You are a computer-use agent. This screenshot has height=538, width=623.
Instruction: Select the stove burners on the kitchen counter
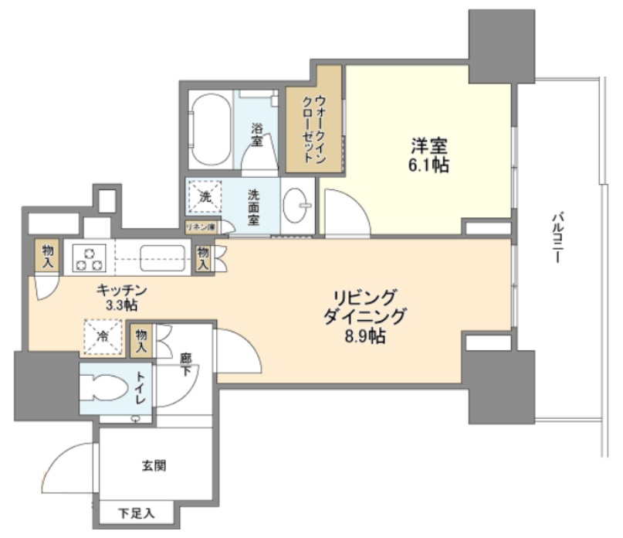(x=89, y=257)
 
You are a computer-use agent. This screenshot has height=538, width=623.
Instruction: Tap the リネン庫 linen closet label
(x=201, y=227)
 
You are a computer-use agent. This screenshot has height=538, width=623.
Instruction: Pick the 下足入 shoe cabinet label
(x=137, y=512)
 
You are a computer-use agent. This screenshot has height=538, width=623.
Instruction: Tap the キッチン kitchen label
(x=122, y=291)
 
